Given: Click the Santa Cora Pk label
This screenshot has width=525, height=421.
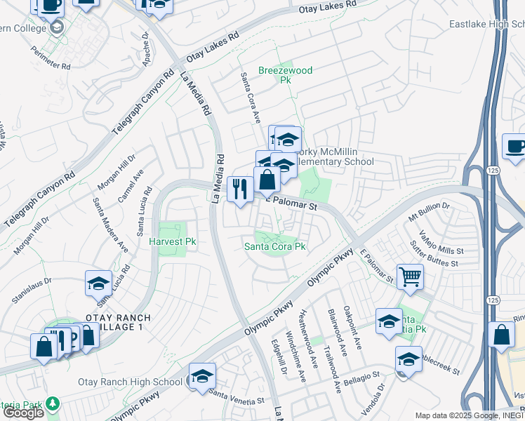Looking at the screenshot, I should click(274, 246).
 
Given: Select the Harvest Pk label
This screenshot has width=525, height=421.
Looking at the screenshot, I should click(171, 241).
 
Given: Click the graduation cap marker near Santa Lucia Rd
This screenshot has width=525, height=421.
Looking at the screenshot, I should click(98, 283).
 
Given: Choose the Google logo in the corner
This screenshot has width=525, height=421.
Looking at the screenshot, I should click(23, 413).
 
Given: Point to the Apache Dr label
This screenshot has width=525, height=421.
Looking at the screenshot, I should click(146, 48).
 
